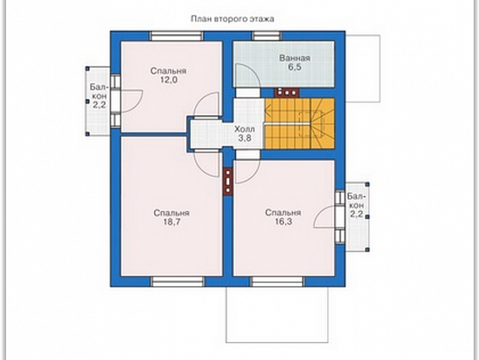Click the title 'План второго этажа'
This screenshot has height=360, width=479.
(x=233, y=19)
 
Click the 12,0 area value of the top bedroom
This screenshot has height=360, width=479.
(x=168, y=80)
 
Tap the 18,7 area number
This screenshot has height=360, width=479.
(x=172, y=222)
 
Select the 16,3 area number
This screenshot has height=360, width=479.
(x=283, y=222)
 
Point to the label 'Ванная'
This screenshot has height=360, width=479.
(x=295, y=58)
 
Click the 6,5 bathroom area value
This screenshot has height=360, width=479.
(x=295, y=67)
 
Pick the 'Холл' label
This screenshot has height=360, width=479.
(x=245, y=129)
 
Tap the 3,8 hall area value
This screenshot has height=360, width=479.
(x=245, y=138)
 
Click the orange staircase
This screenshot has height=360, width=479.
(x=300, y=123)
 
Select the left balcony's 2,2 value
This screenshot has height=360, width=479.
(x=99, y=105)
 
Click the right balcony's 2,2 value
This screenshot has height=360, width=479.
(x=356, y=214)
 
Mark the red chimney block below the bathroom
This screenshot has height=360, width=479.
(x=287, y=92)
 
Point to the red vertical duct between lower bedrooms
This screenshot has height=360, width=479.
(x=228, y=182)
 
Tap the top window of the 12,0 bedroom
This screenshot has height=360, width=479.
(x=177, y=36)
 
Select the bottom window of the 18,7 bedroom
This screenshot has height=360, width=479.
(x=178, y=281)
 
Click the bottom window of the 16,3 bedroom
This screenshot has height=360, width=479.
(x=277, y=281)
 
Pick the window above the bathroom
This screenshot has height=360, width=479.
(x=267, y=36)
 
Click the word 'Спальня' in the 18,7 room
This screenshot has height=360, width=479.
(x=172, y=213)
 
